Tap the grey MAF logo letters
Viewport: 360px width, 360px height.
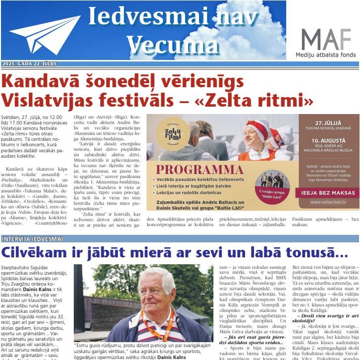coord(326,39)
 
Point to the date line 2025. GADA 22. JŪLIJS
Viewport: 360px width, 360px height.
coord(29,64)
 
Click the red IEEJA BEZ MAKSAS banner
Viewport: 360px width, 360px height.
coord(324,192)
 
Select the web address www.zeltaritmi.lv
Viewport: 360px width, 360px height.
coord(324,203)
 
